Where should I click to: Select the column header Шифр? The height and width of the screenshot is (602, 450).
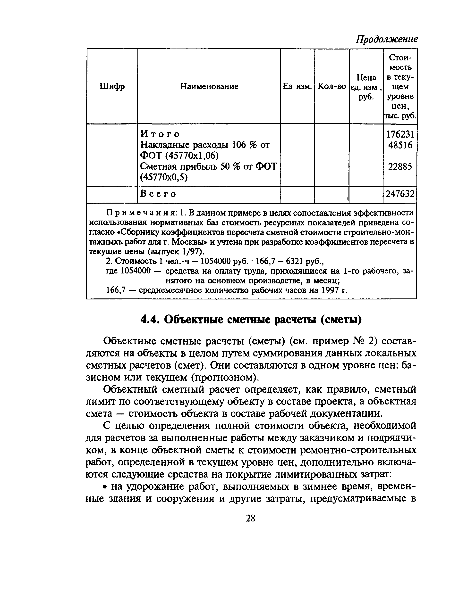click(x=112, y=87)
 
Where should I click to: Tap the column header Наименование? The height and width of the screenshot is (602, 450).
click(x=209, y=87)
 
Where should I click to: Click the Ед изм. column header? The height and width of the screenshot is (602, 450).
click(x=297, y=87)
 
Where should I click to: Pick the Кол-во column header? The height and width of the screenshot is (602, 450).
click(x=332, y=87)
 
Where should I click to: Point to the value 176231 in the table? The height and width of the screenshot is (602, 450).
click(x=400, y=134)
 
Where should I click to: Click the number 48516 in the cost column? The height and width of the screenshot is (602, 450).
click(x=400, y=145)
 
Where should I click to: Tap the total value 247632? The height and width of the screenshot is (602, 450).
click(x=400, y=194)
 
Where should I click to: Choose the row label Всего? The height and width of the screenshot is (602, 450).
click(x=158, y=194)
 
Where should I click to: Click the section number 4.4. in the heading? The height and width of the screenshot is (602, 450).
click(x=149, y=320)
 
